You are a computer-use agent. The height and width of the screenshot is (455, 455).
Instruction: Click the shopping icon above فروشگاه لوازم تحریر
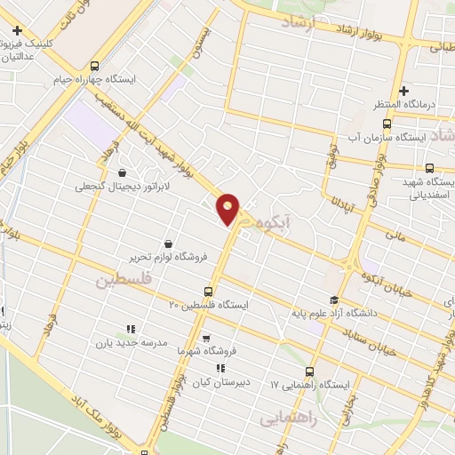click(167, 243)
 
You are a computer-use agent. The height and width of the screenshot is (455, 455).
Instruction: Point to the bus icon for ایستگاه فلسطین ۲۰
click(209, 291)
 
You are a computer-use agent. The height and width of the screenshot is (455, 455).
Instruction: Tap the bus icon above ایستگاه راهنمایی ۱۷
click(309, 371)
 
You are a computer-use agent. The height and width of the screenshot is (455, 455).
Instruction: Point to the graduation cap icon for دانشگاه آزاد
click(334, 300)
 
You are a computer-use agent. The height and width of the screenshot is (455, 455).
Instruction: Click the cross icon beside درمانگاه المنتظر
click(403, 91)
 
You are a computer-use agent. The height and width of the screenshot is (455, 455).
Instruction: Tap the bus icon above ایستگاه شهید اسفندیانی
click(429, 167)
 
